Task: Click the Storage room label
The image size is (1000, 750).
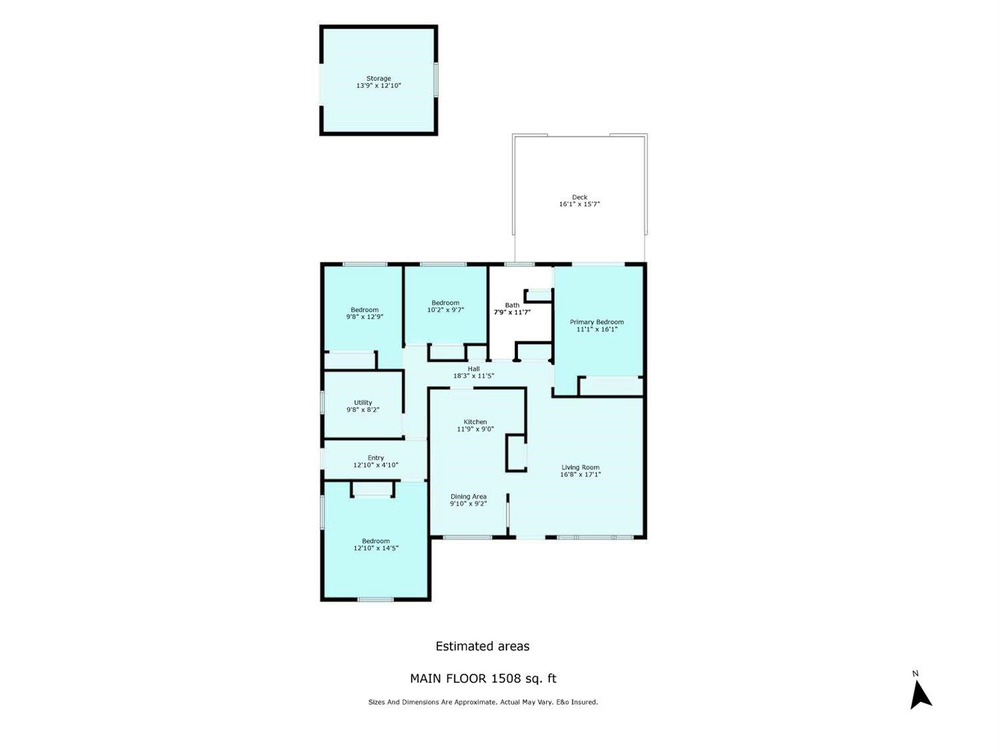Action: pos(379,78)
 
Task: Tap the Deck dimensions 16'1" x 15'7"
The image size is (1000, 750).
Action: pos(579,204)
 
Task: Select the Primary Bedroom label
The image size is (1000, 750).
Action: pos(597,322)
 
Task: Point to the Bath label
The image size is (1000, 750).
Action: pos(512,305)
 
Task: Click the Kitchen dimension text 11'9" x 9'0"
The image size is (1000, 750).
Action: pos(475,429)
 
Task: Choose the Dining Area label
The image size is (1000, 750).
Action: pos(469,497)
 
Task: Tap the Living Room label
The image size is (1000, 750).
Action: pos(581,467)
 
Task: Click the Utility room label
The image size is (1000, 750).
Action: pos(363,403)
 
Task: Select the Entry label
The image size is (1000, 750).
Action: pos(376,457)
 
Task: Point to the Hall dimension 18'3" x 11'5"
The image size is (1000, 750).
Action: pos(474,376)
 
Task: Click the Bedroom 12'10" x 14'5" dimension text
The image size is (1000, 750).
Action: pos(376,548)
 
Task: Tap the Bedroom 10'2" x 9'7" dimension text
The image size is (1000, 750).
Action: pos(445,310)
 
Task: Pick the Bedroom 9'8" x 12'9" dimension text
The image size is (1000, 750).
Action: pos(365,317)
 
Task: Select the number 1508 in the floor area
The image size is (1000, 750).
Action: pos(506,679)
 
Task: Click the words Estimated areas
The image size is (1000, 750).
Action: pos(483,646)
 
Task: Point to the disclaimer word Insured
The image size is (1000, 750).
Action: pos(584,702)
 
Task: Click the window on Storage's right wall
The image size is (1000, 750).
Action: pos(435,80)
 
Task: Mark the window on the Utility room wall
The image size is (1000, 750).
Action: pos(322,402)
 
